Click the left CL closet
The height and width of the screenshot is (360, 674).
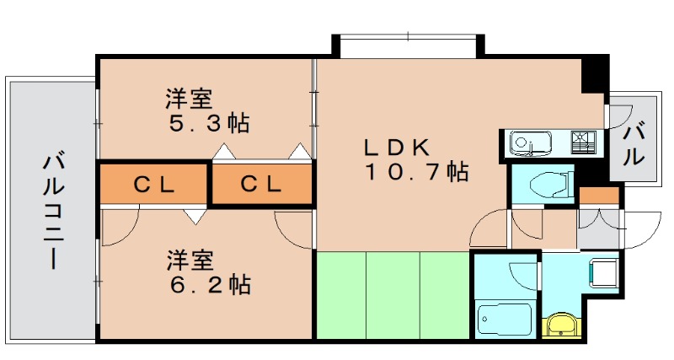pos(153,184)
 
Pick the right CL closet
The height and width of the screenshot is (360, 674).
pos(260,184)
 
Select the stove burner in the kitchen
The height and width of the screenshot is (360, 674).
pos(583,141)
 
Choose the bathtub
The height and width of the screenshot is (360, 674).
pos(505,320)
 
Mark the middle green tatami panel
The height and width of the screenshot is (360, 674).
pos(393,295)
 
